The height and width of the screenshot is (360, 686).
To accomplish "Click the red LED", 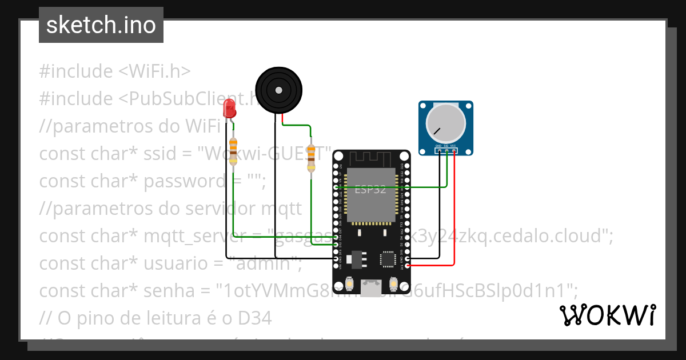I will click(229, 107).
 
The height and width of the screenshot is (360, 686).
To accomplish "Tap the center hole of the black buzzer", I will click(278, 90).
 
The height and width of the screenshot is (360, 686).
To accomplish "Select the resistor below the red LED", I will click(233, 151).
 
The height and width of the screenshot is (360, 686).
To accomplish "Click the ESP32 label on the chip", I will click(370, 190).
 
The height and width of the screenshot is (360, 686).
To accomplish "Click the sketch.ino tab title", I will click(101, 25).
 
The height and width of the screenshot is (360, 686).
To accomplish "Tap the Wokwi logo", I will click(607, 315).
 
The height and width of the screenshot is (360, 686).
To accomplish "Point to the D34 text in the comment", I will click(252, 318).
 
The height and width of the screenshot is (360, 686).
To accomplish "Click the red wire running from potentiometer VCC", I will click(454, 217).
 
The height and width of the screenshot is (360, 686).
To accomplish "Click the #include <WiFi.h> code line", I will click(114, 71).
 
